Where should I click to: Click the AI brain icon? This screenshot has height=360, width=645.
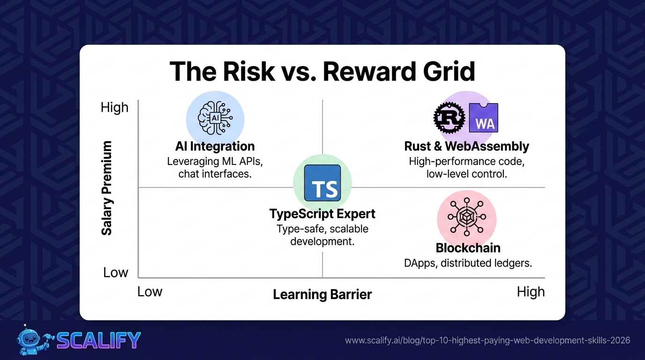tap(215, 118)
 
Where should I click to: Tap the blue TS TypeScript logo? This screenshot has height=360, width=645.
tap(322, 183)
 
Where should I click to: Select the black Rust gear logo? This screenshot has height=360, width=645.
tap(449, 118)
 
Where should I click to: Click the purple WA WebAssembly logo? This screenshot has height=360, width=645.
tap(484, 118)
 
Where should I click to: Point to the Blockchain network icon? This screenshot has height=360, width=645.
tap(467, 217)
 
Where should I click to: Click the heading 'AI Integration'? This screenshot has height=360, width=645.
tap(215, 146)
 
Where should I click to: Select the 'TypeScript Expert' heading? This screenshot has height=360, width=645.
tap(322, 214)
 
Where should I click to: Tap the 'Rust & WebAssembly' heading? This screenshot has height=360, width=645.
tap(466, 146)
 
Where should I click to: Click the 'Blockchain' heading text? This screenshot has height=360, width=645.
tap(468, 248)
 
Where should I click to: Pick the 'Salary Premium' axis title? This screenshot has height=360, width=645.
tap(106, 188)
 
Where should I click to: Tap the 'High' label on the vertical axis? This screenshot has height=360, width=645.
tap(114, 108)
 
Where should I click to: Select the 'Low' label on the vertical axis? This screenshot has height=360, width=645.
tap(115, 272)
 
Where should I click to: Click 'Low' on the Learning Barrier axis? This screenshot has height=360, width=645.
tap(150, 292)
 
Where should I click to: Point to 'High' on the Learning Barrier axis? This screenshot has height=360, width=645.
tap(531, 292)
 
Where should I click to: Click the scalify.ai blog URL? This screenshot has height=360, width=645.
tap(487, 340)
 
